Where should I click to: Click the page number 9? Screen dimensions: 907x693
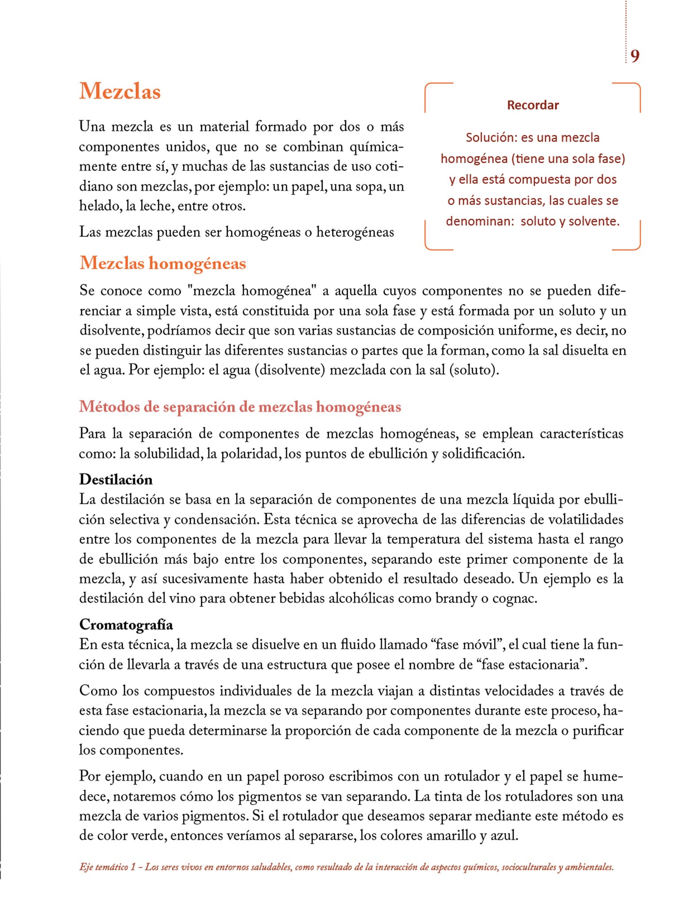[x=635, y=56]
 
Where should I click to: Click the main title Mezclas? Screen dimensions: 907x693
[x=120, y=91]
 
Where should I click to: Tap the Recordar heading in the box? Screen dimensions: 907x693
[x=533, y=105]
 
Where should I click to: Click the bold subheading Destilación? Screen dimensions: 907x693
[x=116, y=480]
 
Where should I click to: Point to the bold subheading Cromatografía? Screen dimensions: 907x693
[x=126, y=624]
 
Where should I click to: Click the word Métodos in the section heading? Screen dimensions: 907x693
[x=109, y=407]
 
